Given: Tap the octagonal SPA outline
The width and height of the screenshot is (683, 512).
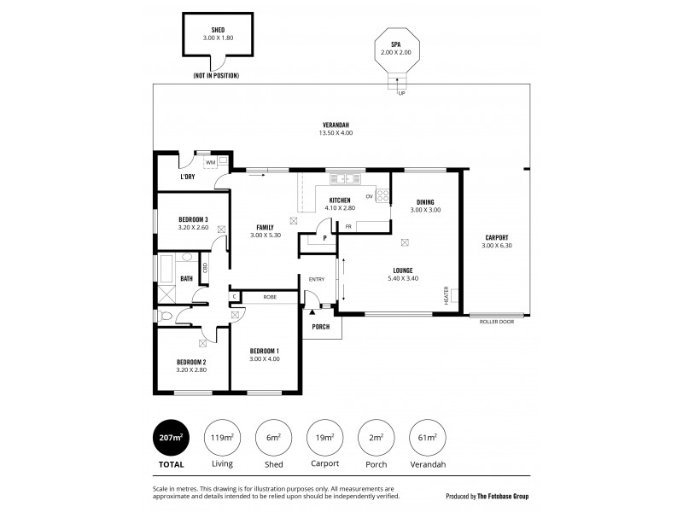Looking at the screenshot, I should point(395,52).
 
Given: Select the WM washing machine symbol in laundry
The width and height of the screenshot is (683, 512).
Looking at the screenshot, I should point(210,161).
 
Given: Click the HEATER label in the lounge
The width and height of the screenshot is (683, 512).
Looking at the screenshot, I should point(446,294).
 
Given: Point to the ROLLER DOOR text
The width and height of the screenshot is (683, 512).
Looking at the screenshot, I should point(496,323).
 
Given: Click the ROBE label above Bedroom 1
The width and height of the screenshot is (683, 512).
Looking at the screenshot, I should point(269,297).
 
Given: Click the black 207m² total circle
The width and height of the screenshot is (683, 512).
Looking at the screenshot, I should point(171,439).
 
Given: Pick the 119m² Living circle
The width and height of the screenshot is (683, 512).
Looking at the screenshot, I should point(222,439).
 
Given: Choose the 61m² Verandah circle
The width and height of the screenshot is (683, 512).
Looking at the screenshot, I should point(428,439).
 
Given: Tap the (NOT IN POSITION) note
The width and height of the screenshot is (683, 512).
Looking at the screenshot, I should point(217,76).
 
